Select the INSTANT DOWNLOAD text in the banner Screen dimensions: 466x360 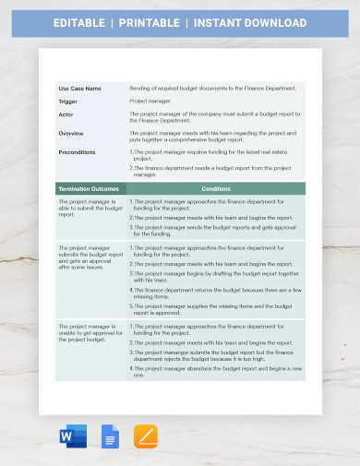[x=252, y=22]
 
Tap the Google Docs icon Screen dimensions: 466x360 [x=109, y=436]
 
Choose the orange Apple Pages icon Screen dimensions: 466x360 [x=145, y=436]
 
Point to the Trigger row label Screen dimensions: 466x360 [x=67, y=101]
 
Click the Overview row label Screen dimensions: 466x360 [x=70, y=133]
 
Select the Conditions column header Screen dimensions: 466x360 [x=216, y=188]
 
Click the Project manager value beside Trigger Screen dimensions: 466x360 [x=149, y=101]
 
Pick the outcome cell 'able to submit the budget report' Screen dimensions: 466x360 [x=90, y=208]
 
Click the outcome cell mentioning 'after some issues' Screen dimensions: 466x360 [x=90, y=257]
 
